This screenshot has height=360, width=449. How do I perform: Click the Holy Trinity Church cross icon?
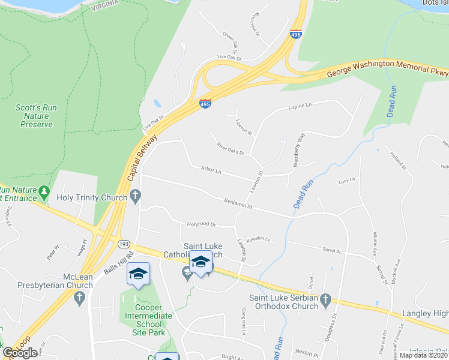136,196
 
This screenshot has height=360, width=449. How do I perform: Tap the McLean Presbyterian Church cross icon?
79,297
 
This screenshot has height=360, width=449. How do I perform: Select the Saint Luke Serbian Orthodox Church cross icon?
325,299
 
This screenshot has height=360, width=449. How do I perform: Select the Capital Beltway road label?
142,158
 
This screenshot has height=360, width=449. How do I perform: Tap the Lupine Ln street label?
301,106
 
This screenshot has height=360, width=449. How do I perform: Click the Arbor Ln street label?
211,171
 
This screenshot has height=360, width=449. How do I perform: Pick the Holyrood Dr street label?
201,224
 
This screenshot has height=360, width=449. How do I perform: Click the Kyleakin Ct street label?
259,239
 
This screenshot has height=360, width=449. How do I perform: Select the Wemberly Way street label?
300,145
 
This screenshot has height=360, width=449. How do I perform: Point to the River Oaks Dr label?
231,148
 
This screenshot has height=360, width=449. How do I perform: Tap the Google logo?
20,353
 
